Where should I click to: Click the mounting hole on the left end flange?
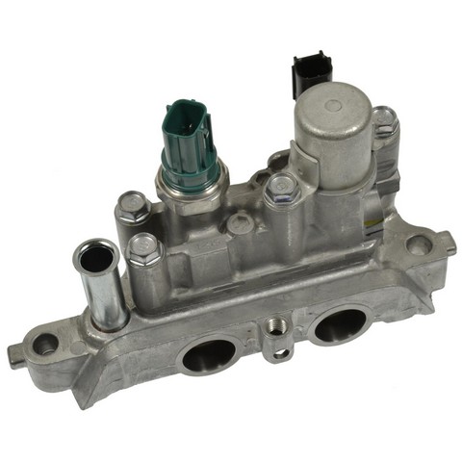tap(44, 342)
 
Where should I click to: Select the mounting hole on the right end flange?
tap(419, 243)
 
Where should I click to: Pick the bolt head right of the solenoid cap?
tap(383, 120)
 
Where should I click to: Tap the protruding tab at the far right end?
tap(449, 244)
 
